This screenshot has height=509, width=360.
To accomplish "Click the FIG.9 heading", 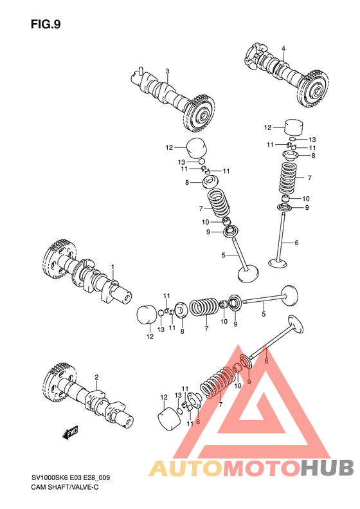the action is (x=46, y=24).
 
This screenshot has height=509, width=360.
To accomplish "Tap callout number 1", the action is (x=113, y=266).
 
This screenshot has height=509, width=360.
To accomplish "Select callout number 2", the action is (x=96, y=377).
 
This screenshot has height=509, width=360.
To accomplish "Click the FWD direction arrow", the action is (x=70, y=432).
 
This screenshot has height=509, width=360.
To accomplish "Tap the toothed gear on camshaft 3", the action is (x=199, y=115).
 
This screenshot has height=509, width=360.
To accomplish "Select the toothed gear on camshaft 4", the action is (x=312, y=88).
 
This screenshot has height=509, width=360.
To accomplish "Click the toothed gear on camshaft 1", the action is (x=59, y=261).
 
